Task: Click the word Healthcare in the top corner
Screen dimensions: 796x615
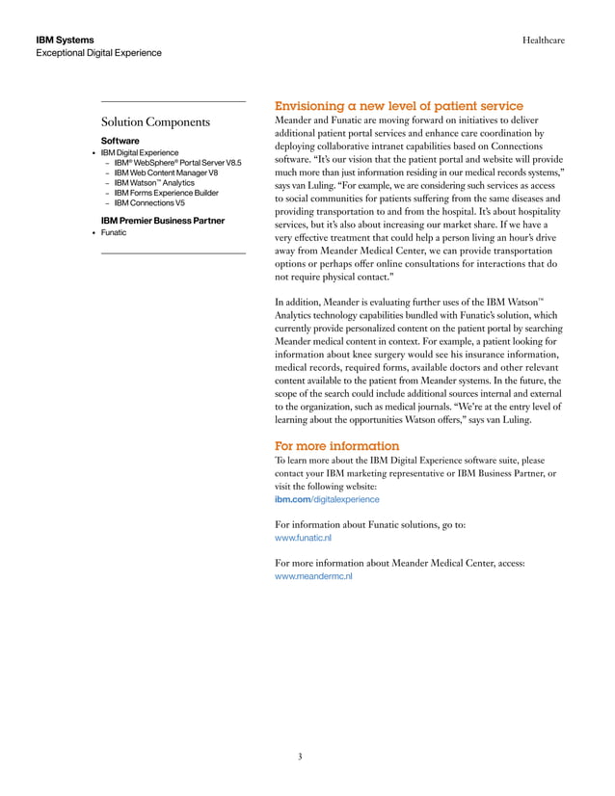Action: [x=543, y=40]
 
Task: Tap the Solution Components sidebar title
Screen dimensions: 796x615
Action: [x=155, y=122]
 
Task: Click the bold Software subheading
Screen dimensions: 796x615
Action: [x=120, y=140]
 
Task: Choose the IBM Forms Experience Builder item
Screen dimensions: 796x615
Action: [x=166, y=193]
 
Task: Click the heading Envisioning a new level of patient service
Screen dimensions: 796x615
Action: [x=399, y=106]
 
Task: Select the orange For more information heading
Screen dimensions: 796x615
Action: [x=336, y=446]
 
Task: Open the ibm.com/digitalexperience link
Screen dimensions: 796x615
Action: [x=327, y=499]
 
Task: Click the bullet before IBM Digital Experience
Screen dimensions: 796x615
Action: [x=93, y=153]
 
